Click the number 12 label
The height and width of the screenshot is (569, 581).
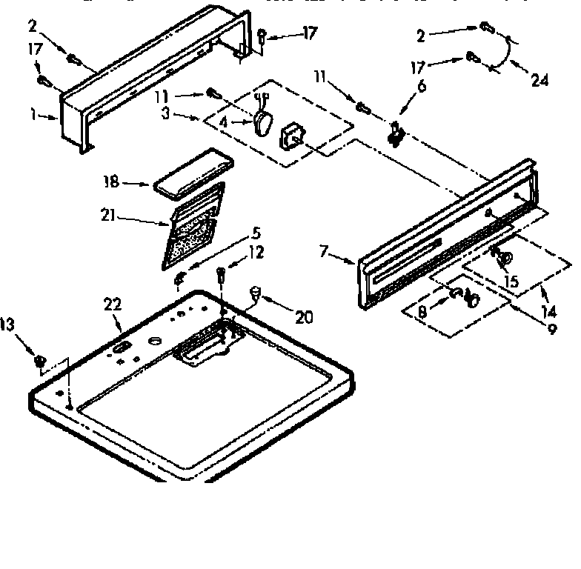coord(256,253)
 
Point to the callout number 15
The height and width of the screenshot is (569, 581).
coord(511,282)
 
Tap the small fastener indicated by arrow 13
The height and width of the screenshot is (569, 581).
coord(41,361)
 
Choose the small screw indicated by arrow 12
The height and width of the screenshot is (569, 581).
coord(222,276)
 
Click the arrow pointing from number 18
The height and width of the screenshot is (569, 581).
coord(138,182)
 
